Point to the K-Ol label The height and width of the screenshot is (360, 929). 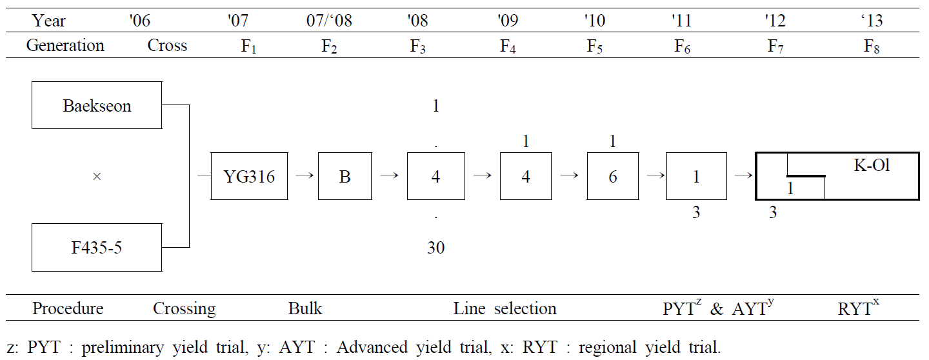[872, 165]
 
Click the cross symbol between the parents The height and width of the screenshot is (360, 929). [97, 177]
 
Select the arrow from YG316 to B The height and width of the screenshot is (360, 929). [305, 175]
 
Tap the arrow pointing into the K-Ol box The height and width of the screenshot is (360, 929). [743, 175]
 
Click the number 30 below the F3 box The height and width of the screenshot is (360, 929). [436, 248]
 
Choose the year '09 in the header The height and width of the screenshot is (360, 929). [508, 21]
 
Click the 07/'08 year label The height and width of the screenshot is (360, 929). [329, 21]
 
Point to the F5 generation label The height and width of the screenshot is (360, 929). [594, 46]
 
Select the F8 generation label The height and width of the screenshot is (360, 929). [872, 46]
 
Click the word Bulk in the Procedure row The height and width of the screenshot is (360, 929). [305, 308]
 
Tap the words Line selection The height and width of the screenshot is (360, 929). [504, 308]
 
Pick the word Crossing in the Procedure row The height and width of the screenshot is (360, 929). [184, 309]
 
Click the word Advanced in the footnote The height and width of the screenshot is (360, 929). [372, 347]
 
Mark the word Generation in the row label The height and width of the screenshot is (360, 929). [65, 45]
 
